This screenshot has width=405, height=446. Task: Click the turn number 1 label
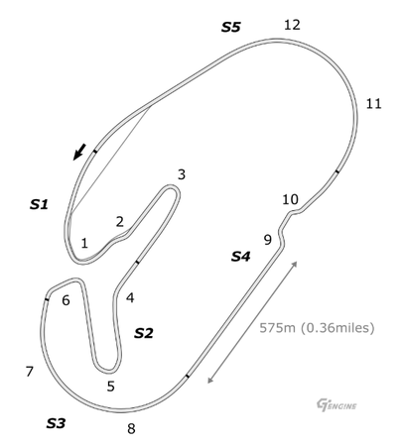[84, 244]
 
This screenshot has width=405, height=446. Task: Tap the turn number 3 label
[182, 174]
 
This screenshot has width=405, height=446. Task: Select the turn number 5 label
[111, 386]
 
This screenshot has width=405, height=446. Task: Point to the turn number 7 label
[30, 372]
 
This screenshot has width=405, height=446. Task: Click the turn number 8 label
[131, 429]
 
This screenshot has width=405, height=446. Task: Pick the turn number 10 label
[290, 199]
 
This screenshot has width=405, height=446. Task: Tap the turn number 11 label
[373, 104]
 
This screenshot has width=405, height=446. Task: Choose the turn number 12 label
[292, 25]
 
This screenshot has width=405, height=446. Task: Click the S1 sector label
[39, 204]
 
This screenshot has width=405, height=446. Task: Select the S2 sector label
[144, 333]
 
